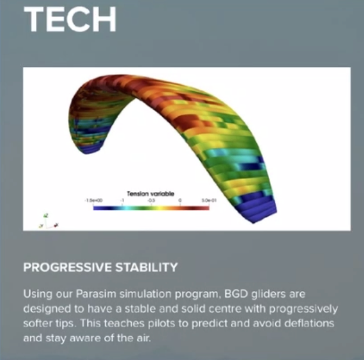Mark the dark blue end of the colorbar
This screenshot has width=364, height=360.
point(98,209)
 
